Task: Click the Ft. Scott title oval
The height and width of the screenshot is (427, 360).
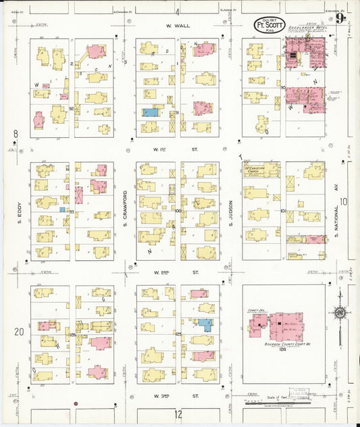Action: (x=269, y=25)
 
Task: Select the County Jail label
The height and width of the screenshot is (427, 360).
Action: (x=256, y=311)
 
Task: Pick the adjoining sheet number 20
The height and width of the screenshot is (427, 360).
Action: (x=19, y=331)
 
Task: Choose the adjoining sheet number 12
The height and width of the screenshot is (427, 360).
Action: (x=178, y=413)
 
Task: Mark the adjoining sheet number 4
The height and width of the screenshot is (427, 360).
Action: (x=178, y=11)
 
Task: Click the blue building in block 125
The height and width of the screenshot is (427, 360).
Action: (x=205, y=324)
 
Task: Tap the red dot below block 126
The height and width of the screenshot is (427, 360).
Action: (x=76, y=403)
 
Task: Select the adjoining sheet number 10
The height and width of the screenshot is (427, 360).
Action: (x=343, y=201)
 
